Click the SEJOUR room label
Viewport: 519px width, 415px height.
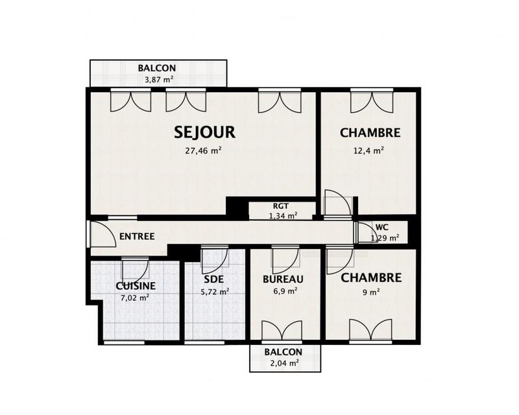click(x=204, y=132)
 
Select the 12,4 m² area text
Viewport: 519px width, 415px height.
click(x=370, y=150)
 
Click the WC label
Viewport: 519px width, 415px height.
click(x=382, y=228)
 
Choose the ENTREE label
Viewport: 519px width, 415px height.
click(x=137, y=237)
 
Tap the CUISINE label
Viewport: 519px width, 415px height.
click(x=135, y=286)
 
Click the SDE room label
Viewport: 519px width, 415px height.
click(x=213, y=279)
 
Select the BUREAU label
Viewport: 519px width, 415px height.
click(x=284, y=279)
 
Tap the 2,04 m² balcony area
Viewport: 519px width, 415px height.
click(x=283, y=363)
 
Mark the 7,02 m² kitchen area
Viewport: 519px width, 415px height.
click(x=135, y=298)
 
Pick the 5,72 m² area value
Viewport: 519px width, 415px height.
click(x=214, y=292)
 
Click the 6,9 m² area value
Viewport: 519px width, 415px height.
click(x=284, y=292)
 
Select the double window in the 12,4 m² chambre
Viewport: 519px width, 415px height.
click(x=370, y=101)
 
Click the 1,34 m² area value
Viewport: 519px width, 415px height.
click(x=283, y=215)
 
